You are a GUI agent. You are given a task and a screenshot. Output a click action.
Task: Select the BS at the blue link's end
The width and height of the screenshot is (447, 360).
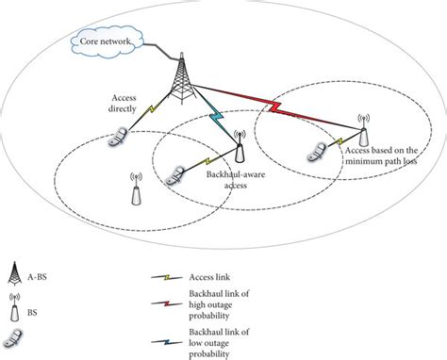click(238, 148)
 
